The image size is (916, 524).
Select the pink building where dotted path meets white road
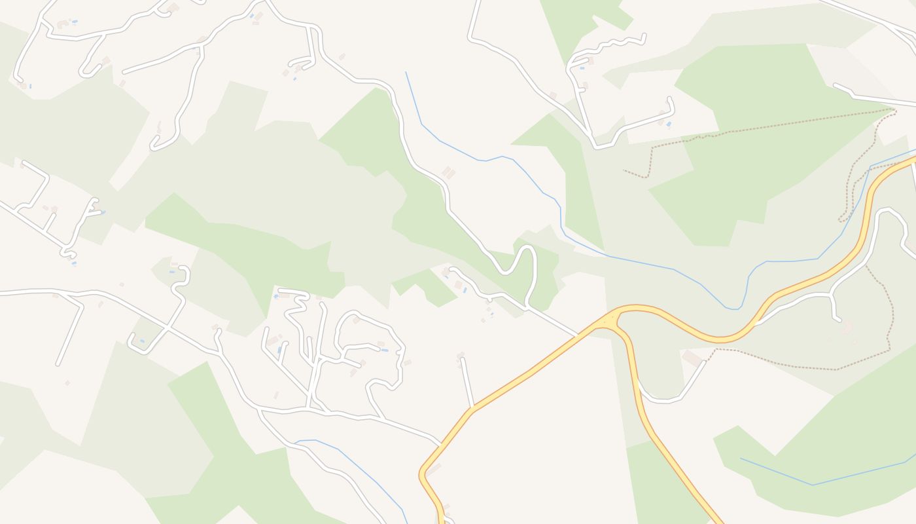tap(693, 358)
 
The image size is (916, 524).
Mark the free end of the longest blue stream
tap(406, 72)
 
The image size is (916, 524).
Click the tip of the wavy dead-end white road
tap(644, 37)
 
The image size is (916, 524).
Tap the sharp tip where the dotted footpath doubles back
tap(895, 109)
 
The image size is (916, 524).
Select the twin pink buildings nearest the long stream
tap(449, 172)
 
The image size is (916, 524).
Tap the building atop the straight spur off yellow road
tap(461, 356)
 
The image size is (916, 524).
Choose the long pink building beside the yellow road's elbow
tap(434, 469)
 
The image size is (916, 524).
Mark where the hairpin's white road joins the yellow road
tap(578, 336)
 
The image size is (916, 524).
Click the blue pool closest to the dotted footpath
tap(668, 123)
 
